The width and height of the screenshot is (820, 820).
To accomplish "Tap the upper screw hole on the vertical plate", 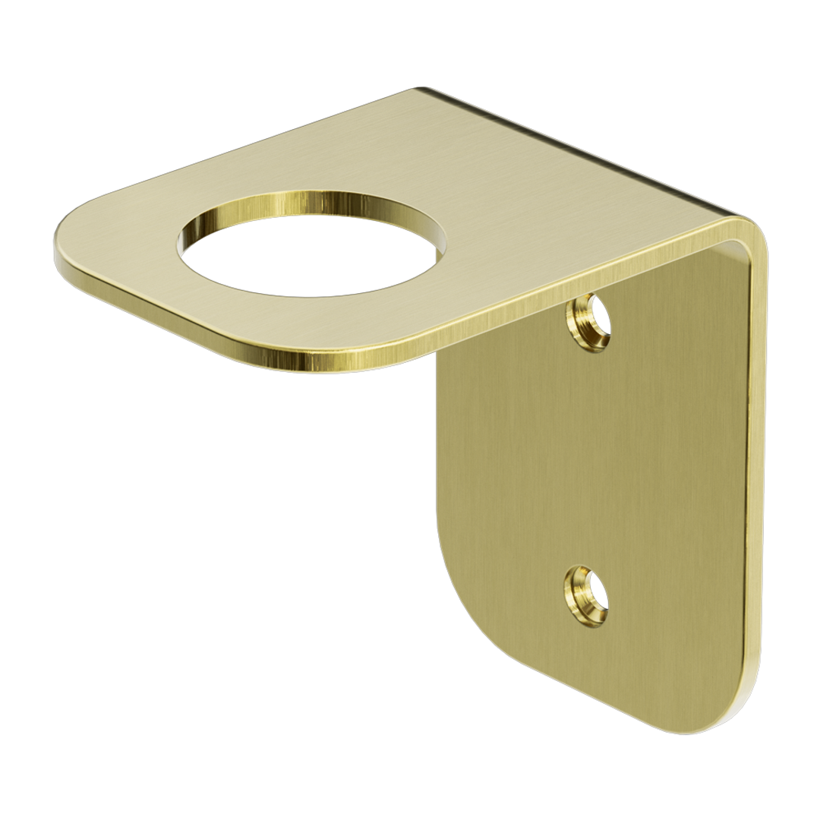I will coord(589,322).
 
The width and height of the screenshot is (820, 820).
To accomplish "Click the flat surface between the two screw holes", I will coord(588,456).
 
